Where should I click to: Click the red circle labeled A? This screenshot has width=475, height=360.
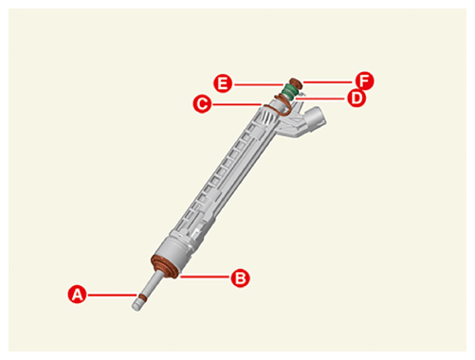pyautogui.click(x=78, y=295)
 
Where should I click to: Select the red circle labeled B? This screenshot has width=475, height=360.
pyautogui.click(x=241, y=278)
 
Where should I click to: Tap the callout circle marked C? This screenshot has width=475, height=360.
pyautogui.click(x=202, y=103)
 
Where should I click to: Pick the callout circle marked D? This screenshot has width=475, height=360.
pyautogui.click(x=356, y=99)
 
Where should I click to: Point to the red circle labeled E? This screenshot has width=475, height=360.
pyautogui.click(x=223, y=83)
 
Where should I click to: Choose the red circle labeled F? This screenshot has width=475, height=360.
pyautogui.click(x=364, y=81)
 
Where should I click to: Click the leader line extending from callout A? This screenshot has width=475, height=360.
pyautogui.click(x=112, y=296)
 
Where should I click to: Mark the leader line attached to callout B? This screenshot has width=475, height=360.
pyautogui.click(x=205, y=277)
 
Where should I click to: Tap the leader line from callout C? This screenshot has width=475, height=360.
pyautogui.click(x=236, y=104)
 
